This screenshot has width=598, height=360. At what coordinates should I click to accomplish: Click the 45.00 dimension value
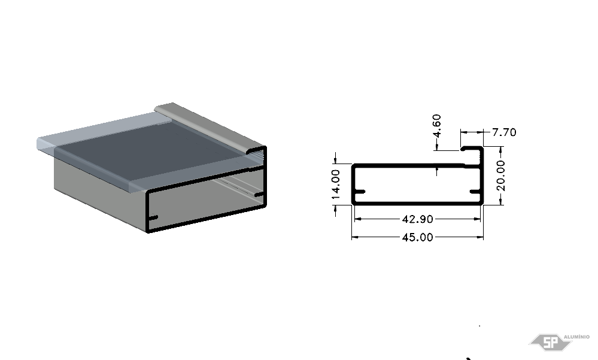click(418, 237)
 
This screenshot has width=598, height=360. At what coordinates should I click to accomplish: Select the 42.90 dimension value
click(418, 219)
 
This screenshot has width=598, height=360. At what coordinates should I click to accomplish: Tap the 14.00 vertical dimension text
click(336, 184)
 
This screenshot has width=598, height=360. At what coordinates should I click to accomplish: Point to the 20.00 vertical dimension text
click(501, 176)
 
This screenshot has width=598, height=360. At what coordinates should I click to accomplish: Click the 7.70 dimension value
click(504, 132)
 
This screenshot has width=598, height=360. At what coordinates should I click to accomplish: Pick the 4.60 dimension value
click(437, 126)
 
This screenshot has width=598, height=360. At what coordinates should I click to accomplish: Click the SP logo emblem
click(550, 342)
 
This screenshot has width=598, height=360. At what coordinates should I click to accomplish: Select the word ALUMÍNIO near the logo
click(576, 337)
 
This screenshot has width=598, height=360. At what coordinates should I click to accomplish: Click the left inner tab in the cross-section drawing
click(360, 192)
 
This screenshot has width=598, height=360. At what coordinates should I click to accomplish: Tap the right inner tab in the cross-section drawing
click(475, 192)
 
